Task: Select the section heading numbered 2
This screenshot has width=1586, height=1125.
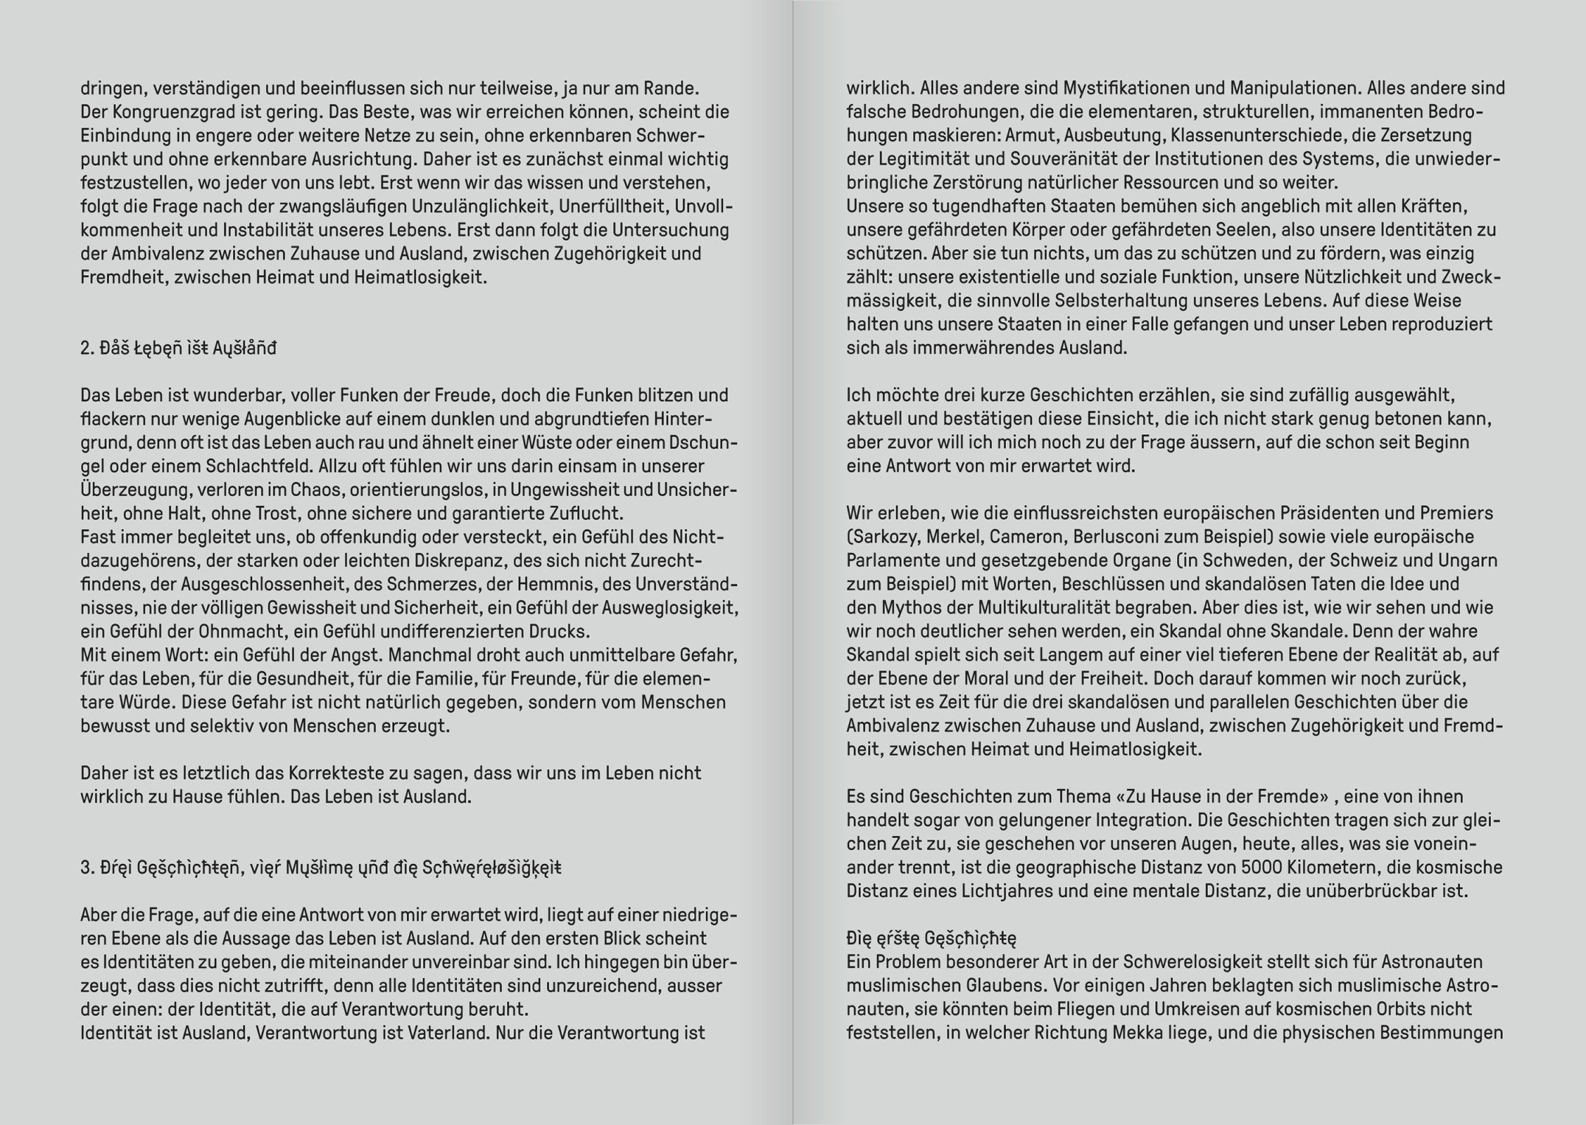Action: [x=178, y=348]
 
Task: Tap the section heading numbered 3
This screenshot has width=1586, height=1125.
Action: [x=321, y=868]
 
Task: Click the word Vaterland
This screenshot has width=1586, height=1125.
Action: [x=450, y=1032]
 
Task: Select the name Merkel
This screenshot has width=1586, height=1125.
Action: [x=952, y=537]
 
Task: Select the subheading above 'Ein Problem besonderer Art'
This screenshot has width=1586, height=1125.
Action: [x=931, y=938]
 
